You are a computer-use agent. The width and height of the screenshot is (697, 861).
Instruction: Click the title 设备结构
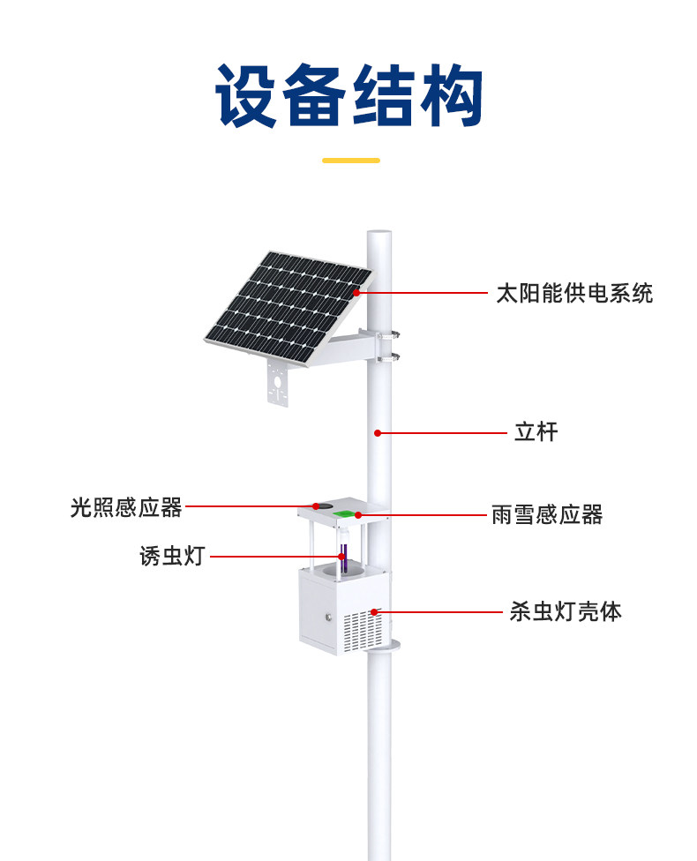tap(348, 95)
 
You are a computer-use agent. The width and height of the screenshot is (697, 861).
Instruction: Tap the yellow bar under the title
tap(351, 161)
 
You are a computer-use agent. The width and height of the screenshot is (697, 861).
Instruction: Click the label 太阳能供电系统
tap(574, 293)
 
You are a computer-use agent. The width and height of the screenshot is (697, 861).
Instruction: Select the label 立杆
tap(536, 432)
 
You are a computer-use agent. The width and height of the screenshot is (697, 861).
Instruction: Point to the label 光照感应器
tap(126, 507)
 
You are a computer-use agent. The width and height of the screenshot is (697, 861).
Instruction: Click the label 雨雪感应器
tap(547, 515)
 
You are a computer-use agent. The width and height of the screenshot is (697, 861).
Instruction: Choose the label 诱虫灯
tap(172, 557)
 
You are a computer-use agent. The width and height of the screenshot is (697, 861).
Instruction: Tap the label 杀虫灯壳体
tap(566, 611)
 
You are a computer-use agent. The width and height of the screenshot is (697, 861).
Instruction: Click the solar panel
tap(289, 308)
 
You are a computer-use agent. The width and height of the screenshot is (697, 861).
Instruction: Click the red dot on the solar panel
tap(356, 293)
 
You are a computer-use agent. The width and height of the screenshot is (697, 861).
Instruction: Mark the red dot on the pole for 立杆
tap(378, 433)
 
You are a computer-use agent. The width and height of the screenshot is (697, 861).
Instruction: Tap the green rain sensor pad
tap(344, 514)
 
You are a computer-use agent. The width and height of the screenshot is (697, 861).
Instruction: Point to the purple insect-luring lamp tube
tap(344, 558)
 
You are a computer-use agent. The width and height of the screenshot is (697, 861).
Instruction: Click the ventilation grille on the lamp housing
tap(363, 632)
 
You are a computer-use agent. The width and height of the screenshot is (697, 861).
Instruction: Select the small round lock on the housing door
tap(328, 617)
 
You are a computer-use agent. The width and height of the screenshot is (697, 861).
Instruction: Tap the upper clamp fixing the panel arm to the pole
tap(388, 334)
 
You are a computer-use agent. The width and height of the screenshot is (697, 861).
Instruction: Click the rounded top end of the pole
tap(379, 235)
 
